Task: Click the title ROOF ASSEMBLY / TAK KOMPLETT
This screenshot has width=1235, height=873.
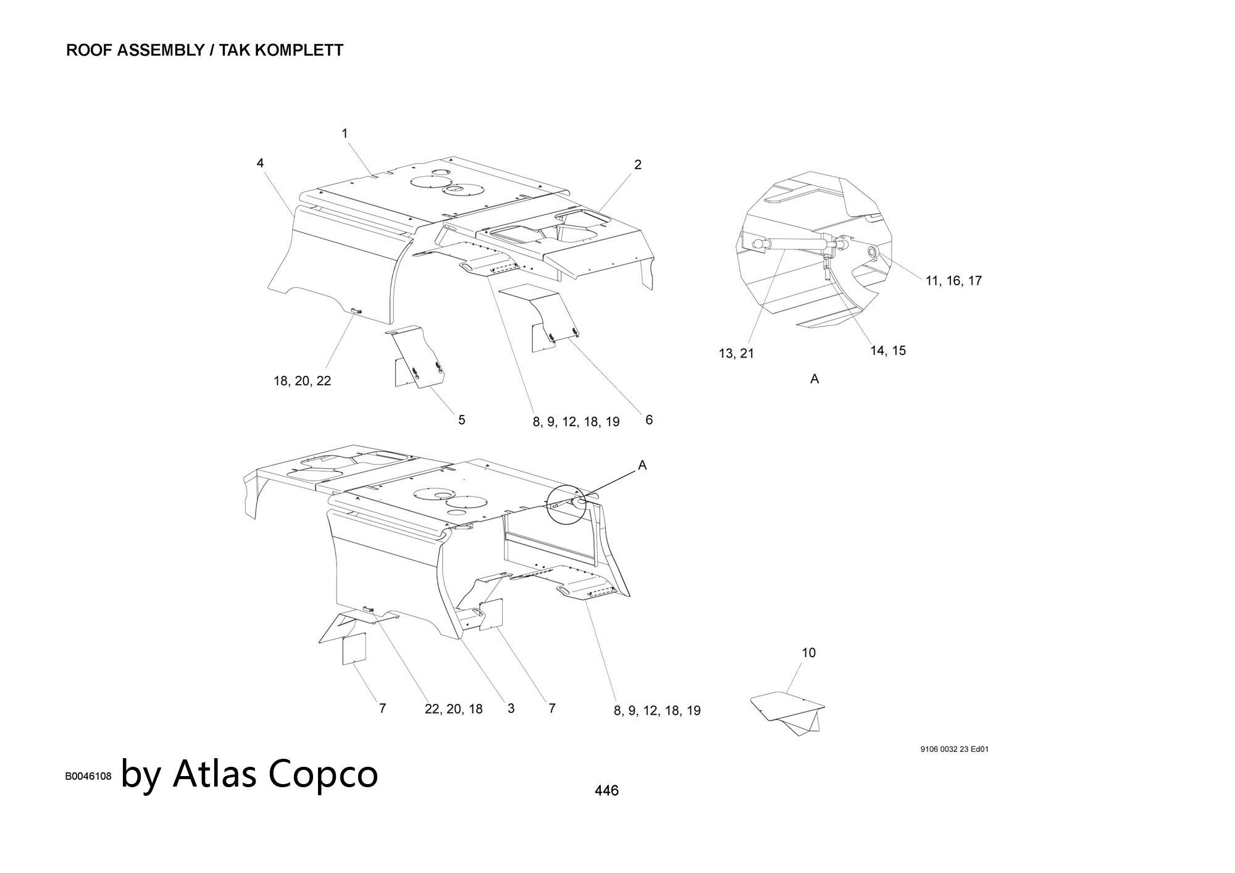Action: [204, 51]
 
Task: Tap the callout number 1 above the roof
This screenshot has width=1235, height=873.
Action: [345, 133]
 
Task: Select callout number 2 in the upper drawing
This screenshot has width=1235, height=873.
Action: [638, 165]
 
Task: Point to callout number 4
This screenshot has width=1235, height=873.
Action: [260, 163]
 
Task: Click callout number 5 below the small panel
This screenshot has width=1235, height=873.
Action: [461, 420]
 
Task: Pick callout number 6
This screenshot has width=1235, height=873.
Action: [649, 420]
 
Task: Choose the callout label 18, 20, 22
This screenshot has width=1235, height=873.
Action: [302, 381]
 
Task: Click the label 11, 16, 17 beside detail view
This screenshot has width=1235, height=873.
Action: [953, 281]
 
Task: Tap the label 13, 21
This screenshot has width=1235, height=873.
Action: [736, 354]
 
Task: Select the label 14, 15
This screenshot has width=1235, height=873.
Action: [888, 351]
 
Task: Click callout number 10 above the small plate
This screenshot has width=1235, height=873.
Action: [808, 653]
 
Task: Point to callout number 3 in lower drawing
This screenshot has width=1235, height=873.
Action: [511, 709]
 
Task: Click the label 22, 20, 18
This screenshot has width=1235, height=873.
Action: [453, 709]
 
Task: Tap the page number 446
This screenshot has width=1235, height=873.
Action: [606, 791]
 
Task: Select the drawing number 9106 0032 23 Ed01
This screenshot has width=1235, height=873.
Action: [954, 750]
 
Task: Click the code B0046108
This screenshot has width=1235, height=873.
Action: [88, 777]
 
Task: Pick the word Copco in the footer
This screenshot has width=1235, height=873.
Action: [324, 774]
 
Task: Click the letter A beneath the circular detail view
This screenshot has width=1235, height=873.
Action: [814, 379]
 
